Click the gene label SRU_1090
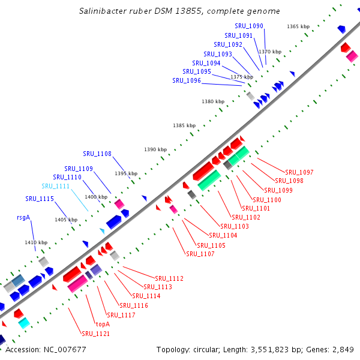click(x=249, y=26)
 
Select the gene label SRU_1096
click(x=187, y=80)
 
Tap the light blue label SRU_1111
click(x=56, y=186)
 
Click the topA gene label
click(x=103, y=324)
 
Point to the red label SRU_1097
click(x=299, y=173)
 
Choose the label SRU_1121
click(x=96, y=334)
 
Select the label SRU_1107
click(x=200, y=254)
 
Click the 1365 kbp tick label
click(x=298, y=26)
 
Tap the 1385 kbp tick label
click(x=184, y=125)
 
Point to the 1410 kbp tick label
click(x=35, y=242)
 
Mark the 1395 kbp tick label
click(x=126, y=173)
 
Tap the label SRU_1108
click(x=97, y=154)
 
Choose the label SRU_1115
click(x=40, y=199)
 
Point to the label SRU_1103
click(x=235, y=226)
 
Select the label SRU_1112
click(x=169, y=278)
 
